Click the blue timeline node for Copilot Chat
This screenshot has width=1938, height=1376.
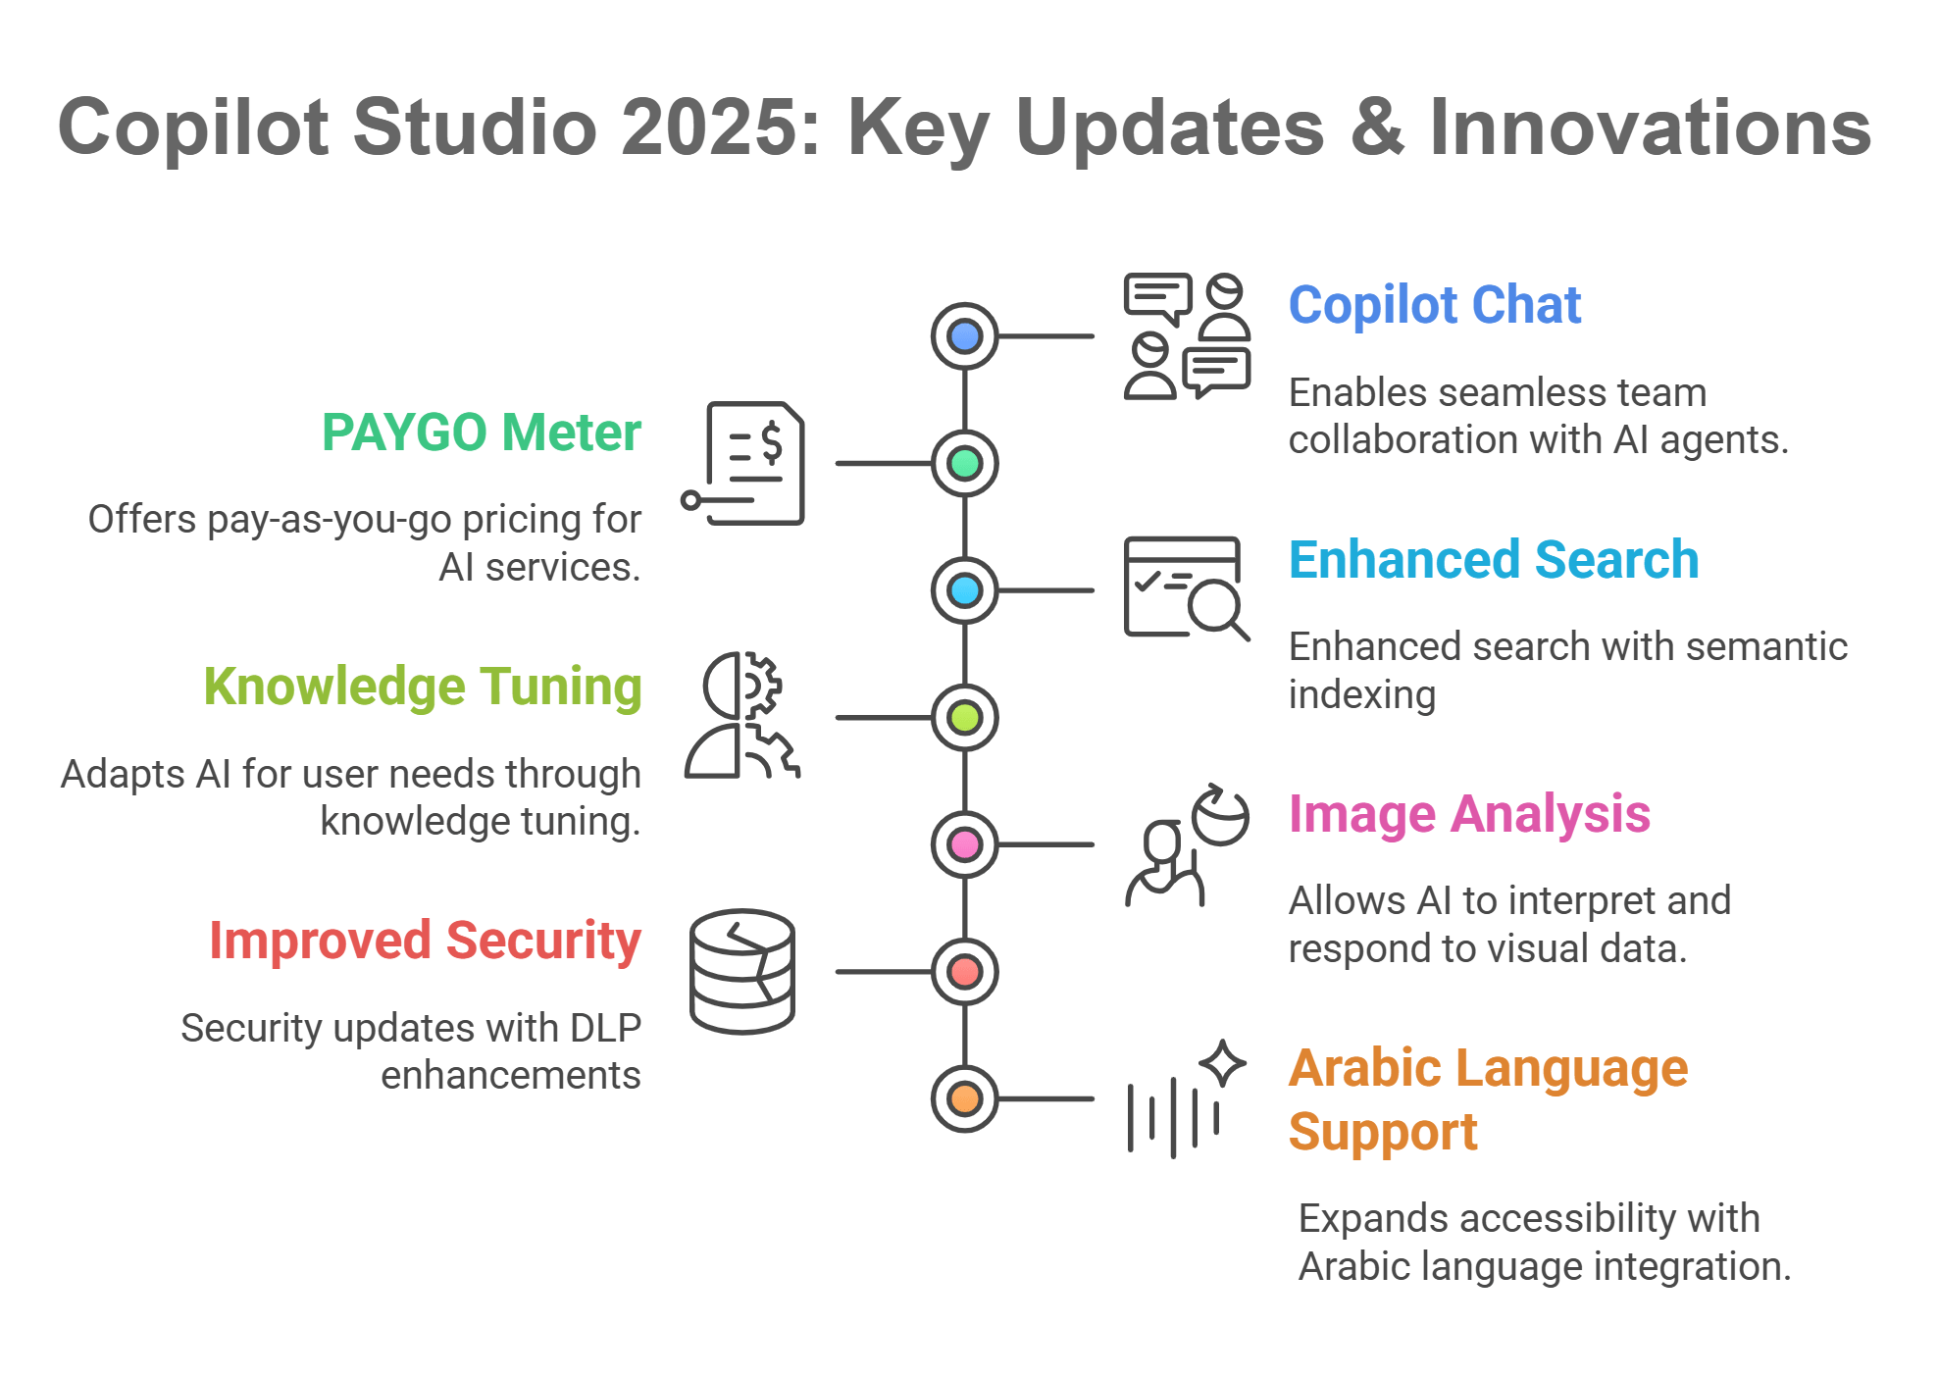point(965,336)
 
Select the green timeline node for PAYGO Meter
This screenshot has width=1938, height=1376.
point(965,463)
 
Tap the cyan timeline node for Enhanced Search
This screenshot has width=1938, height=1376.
point(965,590)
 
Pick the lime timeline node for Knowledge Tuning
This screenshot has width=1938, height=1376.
point(965,718)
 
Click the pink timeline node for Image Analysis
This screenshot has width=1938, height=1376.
point(965,844)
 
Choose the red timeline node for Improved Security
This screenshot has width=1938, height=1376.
point(965,972)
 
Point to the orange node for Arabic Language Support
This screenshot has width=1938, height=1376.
point(965,1098)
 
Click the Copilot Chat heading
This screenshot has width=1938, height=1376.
point(1434,305)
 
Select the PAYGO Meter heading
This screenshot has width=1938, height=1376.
point(482,433)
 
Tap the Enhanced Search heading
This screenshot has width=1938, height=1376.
point(1493,560)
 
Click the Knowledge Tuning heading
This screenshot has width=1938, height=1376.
point(423,687)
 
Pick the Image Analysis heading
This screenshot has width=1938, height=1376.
point(1469,814)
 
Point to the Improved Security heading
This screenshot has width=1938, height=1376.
point(425,941)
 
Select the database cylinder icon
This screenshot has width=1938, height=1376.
point(742,971)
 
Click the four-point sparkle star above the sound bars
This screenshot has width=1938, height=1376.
point(1222,1063)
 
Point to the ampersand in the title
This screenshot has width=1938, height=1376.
point(1377,127)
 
